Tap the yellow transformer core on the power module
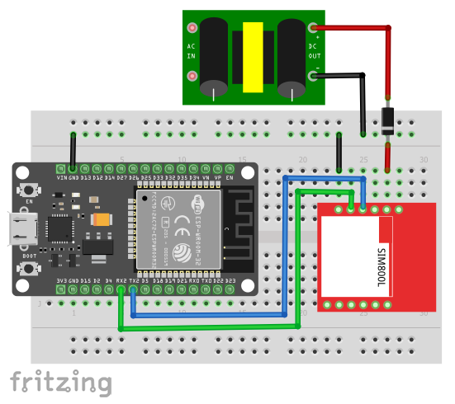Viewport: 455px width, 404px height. pos(253,57)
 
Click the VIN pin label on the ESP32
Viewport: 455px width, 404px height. pos(62,177)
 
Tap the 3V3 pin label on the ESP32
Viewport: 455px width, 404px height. pos(62,281)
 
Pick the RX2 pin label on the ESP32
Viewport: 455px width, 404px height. pos(121,281)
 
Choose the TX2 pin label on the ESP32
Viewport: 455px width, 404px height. pos(134,281)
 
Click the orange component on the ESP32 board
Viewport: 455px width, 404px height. pos(102,220)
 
